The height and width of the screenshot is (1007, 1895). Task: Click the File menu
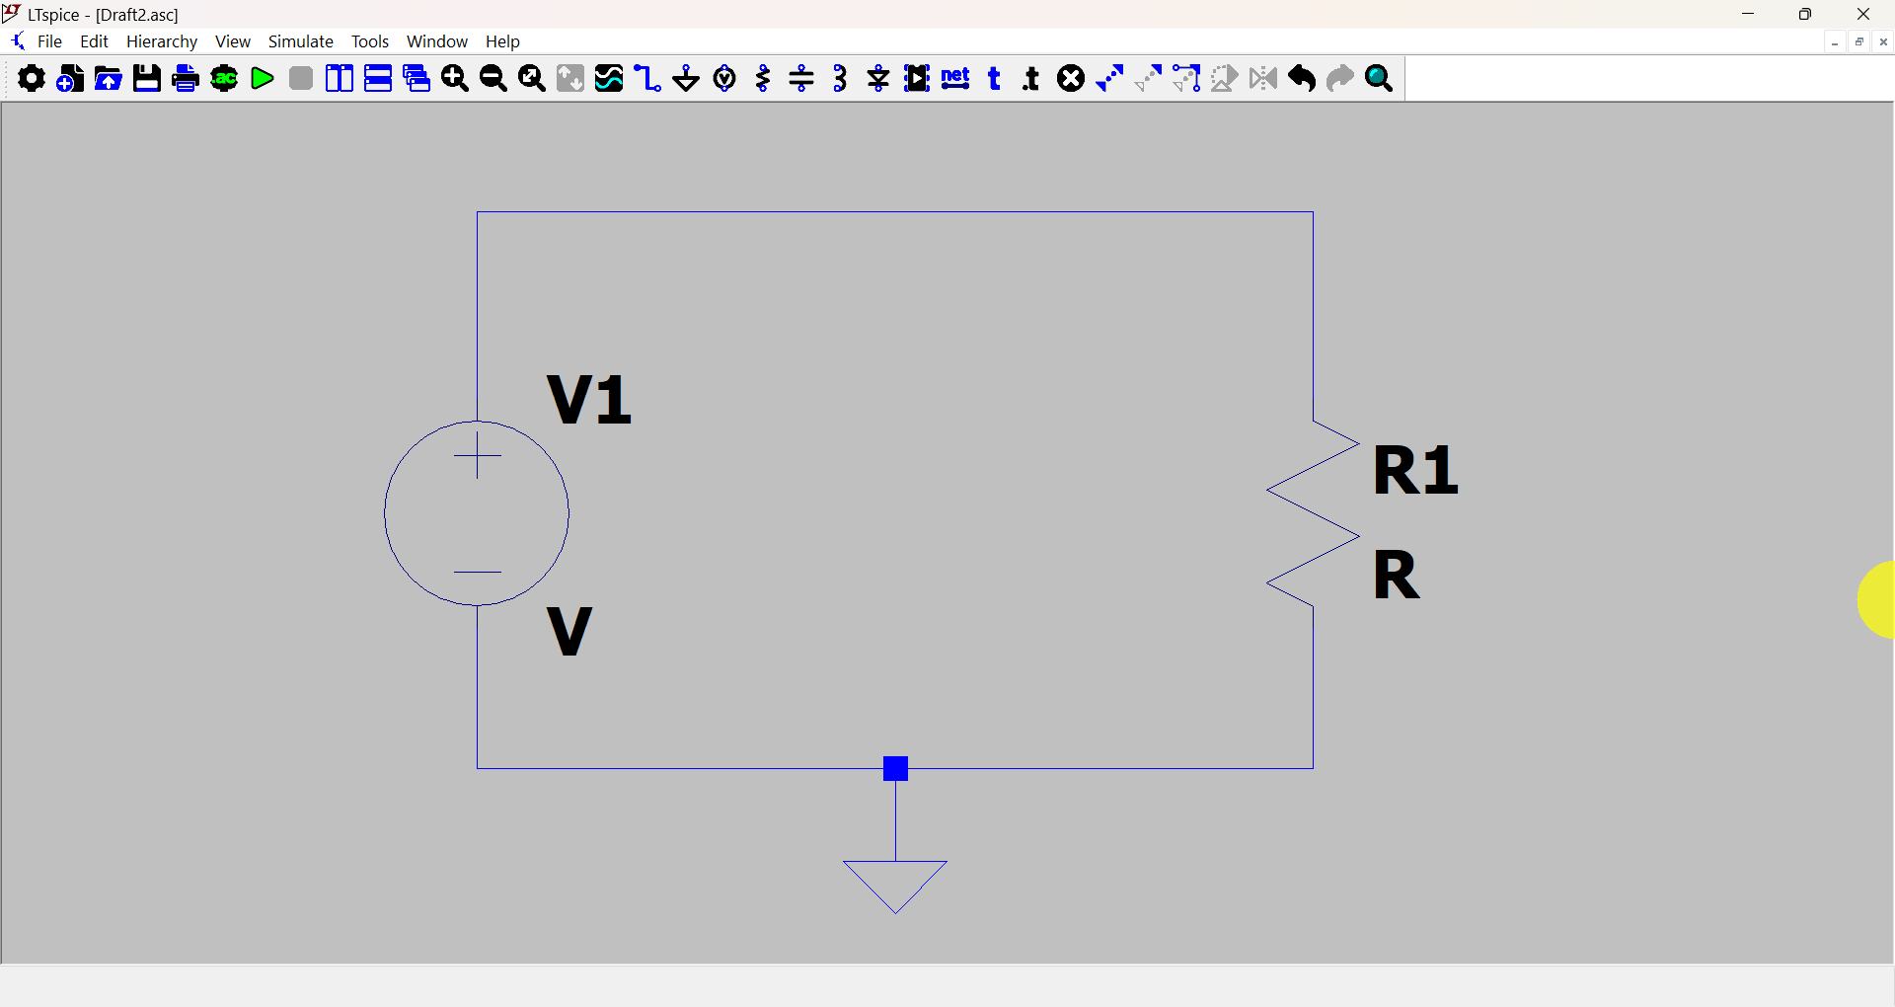(x=49, y=41)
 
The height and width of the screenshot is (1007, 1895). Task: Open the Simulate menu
(x=301, y=41)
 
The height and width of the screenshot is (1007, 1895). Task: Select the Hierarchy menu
(x=162, y=41)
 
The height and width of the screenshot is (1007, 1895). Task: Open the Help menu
(x=502, y=41)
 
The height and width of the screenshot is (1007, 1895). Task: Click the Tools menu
(x=370, y=41)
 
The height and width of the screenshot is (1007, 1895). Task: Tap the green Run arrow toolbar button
(x=263, y=79)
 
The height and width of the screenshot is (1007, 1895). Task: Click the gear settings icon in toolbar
(x=32, y=79)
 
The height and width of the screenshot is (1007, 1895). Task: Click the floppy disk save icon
(x=147, y=79)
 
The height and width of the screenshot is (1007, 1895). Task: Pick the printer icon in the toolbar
(x=186, y=79)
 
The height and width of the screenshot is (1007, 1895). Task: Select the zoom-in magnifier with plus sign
(x=455, y=79)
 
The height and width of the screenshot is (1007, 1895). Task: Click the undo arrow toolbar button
(x=1302, y=79)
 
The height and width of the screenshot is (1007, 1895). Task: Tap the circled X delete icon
(x=1071, y=79)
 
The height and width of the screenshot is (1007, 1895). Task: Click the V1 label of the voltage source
(x=589, y=400)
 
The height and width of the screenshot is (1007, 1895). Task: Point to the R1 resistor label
(x=1415, y=470)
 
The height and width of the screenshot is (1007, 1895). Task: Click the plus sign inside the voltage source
(x=478, y=455)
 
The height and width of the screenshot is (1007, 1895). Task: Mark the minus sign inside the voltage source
(x=478, y=573)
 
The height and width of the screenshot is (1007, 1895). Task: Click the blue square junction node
(x=896, y=768)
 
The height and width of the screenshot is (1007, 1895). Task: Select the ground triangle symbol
(x=895, y=884)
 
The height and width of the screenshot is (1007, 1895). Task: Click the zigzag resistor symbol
(x=1313, y=513)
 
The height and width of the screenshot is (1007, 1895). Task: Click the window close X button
(x=1863, y=14)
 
